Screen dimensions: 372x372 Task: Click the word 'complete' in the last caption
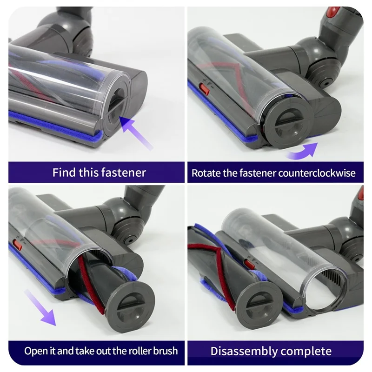(309, 351)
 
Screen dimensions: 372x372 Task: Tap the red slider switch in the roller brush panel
(17, 243)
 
